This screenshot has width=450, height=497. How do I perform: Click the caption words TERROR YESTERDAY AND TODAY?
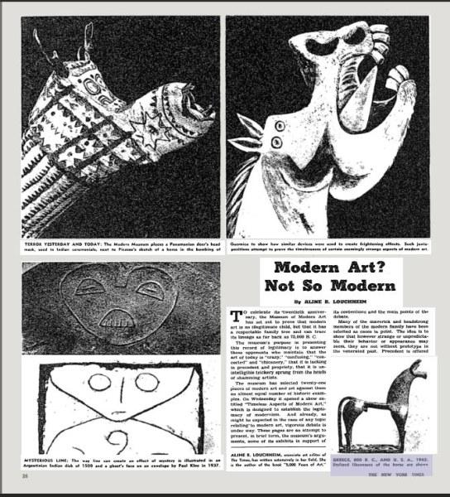pos(61,247)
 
